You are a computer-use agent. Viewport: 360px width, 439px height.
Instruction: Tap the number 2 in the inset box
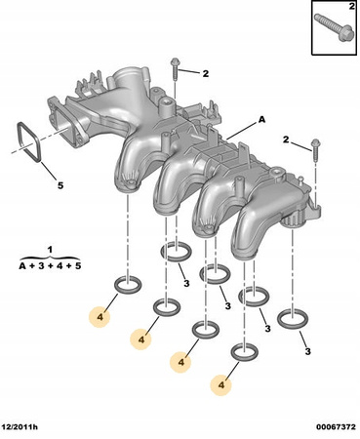(352, 6)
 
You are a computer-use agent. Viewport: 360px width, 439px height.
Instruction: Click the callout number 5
(60, 185)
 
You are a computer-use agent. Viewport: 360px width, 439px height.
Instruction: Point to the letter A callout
(261, 120)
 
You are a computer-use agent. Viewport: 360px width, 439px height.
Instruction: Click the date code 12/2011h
(20, 426)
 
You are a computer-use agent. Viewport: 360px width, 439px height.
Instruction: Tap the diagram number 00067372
(336, 426)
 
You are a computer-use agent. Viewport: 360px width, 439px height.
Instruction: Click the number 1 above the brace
(50, 250)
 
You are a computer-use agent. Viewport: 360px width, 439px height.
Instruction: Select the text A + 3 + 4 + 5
(50, 265)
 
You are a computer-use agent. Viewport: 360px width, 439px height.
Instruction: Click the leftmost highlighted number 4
(100, 317)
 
